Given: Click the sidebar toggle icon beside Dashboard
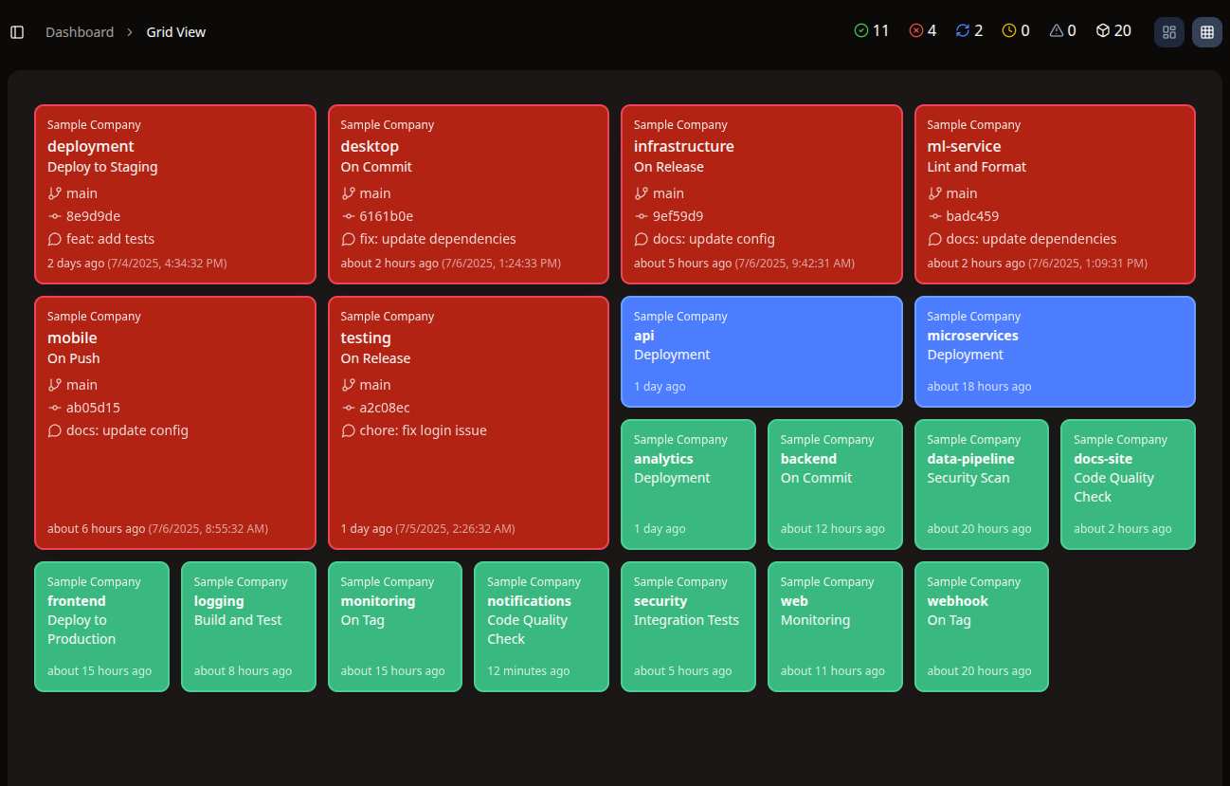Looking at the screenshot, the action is point(17,32).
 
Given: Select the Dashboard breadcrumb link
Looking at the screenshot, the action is point(80,32).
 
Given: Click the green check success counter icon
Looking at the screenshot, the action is point(861,31).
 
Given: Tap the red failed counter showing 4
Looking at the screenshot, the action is point(923,31).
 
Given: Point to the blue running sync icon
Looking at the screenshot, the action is point(963,31).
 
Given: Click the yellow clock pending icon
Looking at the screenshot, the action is point(1009,31).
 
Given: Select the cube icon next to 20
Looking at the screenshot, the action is point(1102,31).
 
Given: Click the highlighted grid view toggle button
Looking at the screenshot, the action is point(1206,32).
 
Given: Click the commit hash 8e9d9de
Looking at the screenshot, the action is point(93,216).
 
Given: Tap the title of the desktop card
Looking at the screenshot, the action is point(370,146).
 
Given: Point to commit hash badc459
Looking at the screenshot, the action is point(972,216).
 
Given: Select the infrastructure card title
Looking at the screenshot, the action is point(683,146).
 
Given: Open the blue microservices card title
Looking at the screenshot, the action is point(972,336).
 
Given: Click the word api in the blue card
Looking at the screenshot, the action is point(644,336).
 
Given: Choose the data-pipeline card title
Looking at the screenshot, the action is point(970,459).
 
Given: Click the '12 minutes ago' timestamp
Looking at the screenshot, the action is point(529,671).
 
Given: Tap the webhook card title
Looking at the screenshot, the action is point(957,601).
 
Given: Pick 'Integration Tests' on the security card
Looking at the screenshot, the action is point(686,620).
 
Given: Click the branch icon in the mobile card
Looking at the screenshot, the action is point(55,385).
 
